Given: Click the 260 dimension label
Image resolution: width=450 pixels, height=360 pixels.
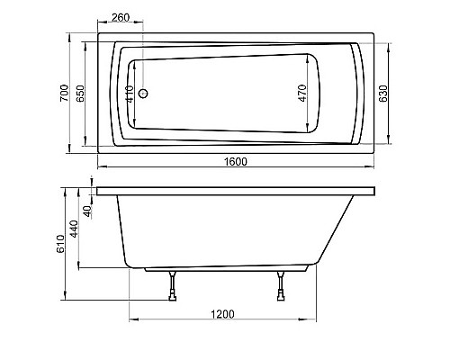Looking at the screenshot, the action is tap(121, 17).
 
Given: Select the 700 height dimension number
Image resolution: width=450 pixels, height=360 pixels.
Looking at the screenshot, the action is tap(64, 93).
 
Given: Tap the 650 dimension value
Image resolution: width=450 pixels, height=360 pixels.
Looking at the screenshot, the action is tap(80, 94).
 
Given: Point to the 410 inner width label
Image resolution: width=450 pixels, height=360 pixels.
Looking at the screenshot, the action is tap(130, 94).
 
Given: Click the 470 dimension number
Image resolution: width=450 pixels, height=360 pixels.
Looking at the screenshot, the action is tap(302, 93).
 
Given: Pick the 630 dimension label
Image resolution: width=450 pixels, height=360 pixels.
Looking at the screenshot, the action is tap(383, 94).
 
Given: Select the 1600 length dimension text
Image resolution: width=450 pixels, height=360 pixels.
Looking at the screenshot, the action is tap(236, 162).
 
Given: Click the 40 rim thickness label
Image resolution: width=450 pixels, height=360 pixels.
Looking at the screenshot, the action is tap(87, 211).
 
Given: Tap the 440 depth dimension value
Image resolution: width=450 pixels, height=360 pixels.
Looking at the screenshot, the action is tap(74, 229).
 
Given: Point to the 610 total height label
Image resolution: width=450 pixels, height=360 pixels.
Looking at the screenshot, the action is tap(60, 244).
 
